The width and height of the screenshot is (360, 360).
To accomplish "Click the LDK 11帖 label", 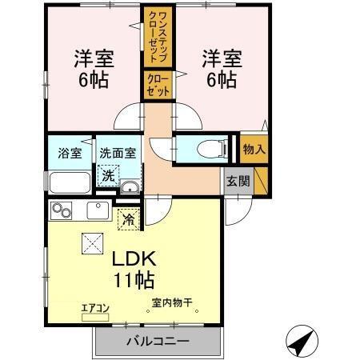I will pos(132,270).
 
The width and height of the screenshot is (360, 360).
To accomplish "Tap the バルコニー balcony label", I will pos(157,342).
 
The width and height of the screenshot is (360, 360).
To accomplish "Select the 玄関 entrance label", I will pos(238,180).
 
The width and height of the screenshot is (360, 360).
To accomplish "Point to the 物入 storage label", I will pos(254,150).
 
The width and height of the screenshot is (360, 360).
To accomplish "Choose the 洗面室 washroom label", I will pos(116,151).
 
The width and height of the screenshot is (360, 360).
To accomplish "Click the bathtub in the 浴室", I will pos(70,183).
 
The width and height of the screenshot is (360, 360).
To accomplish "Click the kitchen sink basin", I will pos(98,211).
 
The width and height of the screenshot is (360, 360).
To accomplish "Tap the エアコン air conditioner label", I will pos(94,306).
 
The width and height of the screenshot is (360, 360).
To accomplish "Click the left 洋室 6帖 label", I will pos(94,69).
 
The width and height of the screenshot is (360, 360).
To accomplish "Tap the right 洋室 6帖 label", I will pos(218,69).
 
